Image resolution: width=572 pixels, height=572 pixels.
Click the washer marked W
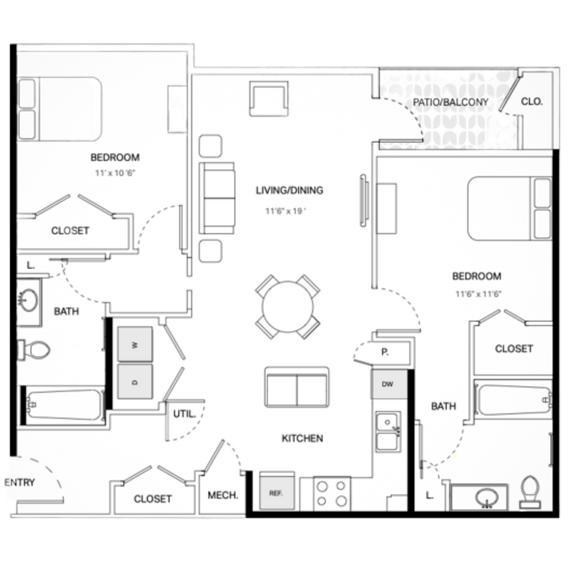135,344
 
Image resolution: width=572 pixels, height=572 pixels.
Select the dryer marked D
135,382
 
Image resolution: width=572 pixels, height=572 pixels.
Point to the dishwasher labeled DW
387,385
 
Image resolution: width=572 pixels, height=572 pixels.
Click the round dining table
287,307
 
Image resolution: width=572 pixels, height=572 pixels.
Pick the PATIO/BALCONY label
450,102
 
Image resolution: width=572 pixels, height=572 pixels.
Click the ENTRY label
19,483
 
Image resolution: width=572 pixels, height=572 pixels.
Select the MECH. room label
222,495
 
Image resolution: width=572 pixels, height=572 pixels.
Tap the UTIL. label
180,413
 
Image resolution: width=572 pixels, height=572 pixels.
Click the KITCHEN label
302,438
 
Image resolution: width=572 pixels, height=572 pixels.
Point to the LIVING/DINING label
290,190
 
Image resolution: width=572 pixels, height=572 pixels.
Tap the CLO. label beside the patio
532,102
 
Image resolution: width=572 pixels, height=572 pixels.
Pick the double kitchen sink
387,431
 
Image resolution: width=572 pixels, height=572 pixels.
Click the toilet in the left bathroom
34,350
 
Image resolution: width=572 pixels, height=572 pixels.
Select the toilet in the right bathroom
530,492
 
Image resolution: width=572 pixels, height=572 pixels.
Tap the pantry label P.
384,352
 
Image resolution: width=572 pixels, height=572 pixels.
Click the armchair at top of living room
270,98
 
